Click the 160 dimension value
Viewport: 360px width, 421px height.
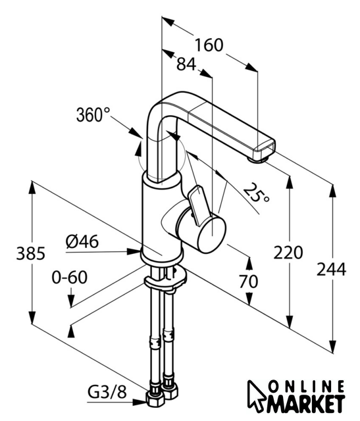click(209, 45)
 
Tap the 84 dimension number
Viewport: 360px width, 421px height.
click(186, 64)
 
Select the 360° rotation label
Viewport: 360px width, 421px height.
click(93, 115)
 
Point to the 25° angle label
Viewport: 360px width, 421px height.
click(257, 193)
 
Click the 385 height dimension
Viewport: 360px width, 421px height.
click(31, 253)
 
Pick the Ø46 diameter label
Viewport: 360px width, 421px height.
click(82, 241)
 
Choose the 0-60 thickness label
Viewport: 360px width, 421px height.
click(70, 277)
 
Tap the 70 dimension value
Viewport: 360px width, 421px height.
click(248, 282)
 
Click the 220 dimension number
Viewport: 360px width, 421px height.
click(288, 253)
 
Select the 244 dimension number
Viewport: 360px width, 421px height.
click(331, 269)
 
